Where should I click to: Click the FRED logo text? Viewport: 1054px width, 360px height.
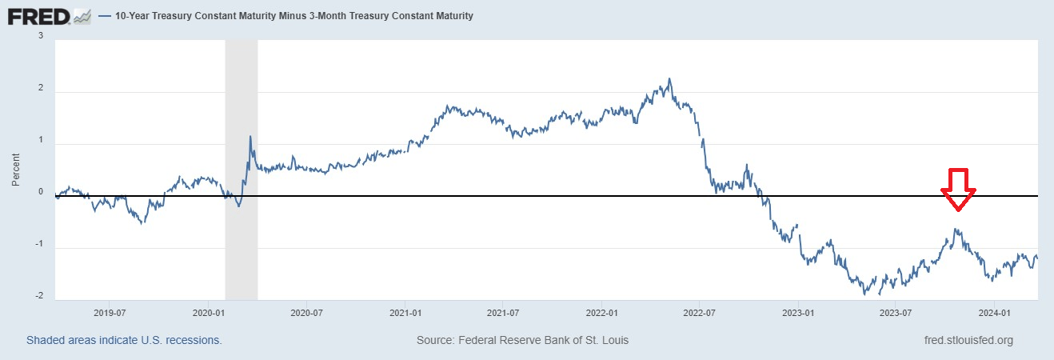pos(38,16)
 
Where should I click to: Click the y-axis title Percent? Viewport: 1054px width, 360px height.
pos(16,170)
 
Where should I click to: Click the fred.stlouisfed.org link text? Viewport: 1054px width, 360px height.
pos(968,340)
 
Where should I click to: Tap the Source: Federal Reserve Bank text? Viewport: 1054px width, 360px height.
pos(522,340)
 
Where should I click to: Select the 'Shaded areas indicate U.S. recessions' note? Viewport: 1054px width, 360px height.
pos(124,340)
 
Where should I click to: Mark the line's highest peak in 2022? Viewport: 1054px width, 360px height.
pos(669,79)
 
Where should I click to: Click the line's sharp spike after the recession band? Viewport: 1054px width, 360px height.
pos(250,137)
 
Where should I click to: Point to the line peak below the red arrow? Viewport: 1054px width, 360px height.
pos(956,230)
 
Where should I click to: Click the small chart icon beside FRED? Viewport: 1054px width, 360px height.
pos(82,16)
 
